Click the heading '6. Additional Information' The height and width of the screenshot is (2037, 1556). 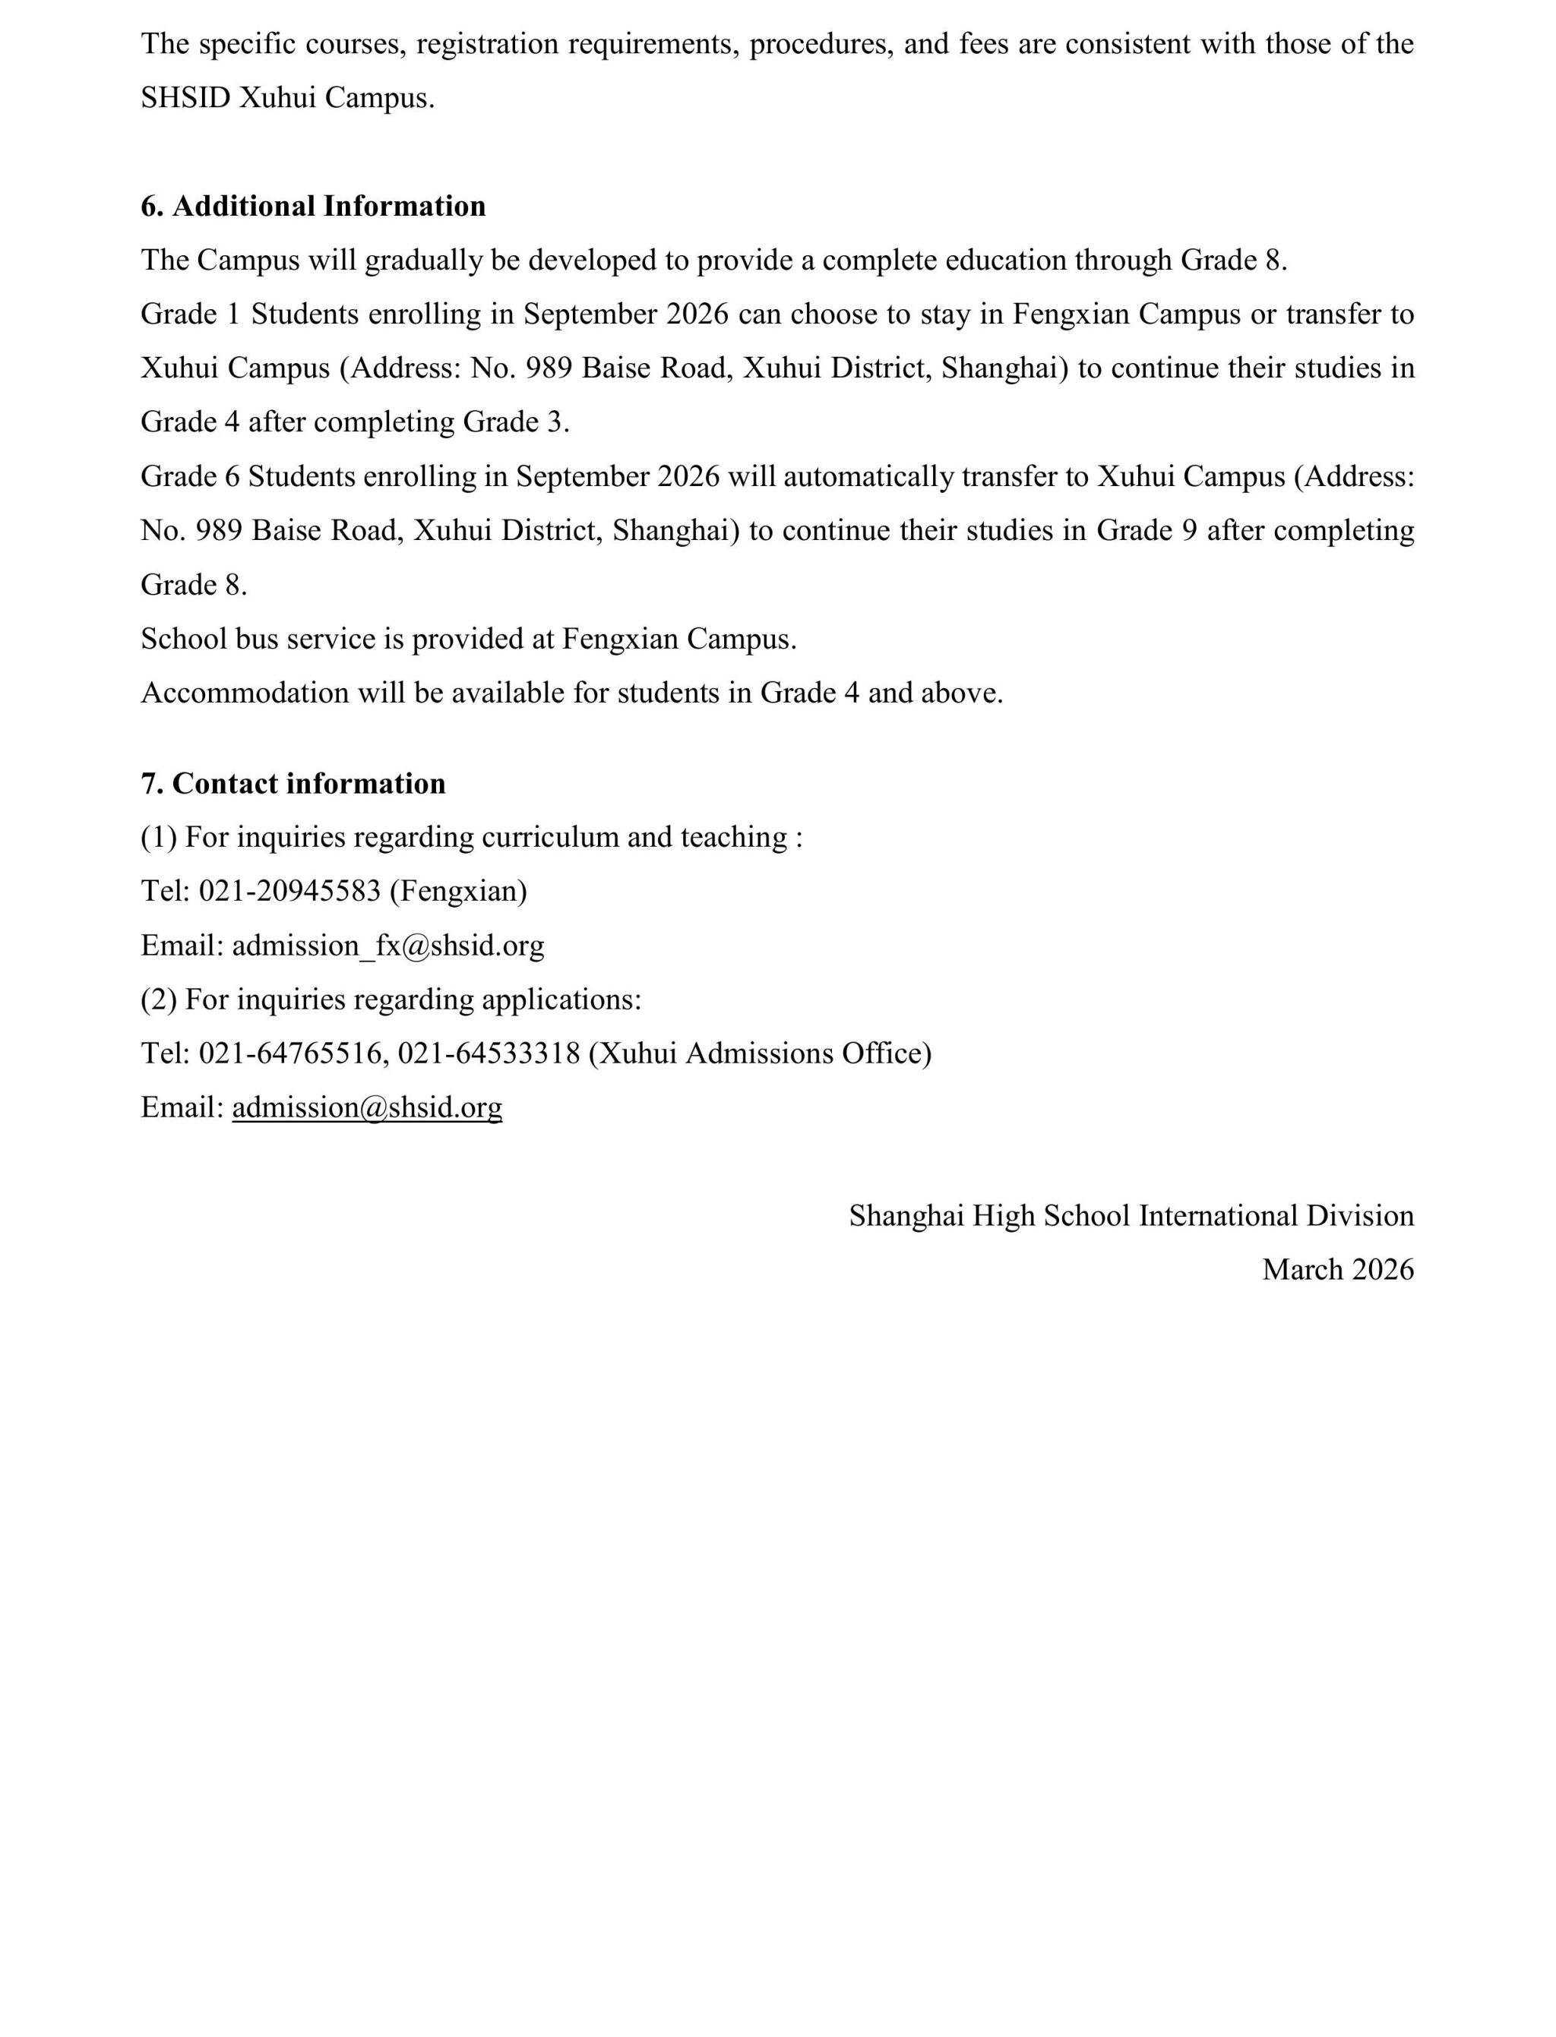[313, 207]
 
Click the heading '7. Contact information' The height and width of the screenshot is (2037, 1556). [293, 785]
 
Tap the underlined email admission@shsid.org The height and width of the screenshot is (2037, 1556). [367, 1107]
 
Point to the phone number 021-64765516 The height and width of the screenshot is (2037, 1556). [293, 1053]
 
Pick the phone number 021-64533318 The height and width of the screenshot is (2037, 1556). [489, 1053]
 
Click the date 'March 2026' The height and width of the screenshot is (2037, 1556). [1337, 1269]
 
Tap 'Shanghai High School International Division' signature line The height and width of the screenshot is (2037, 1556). [1131, 1216]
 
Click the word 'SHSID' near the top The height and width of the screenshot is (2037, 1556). [185, 98]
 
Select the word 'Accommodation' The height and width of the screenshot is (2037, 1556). [245, 693]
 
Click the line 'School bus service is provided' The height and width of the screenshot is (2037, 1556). [468, 639]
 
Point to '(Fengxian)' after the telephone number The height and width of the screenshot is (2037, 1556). [458, 891]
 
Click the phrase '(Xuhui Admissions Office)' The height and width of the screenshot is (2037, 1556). [761, 1053]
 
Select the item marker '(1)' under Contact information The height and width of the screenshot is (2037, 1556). [158, 837]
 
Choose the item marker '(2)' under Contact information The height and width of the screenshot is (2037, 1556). [158, 1000]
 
